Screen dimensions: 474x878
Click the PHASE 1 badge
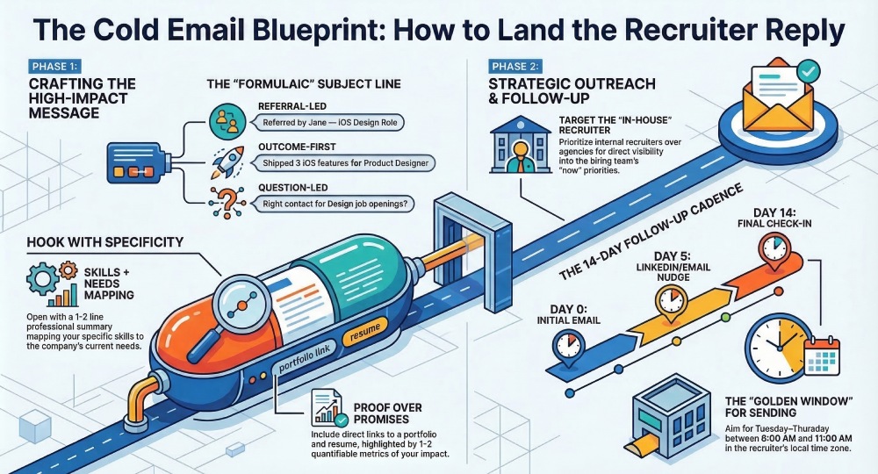(x=54, y=66)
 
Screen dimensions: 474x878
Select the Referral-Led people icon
(x=225, y=122)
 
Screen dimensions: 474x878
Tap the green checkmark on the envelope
(x=807, y=68)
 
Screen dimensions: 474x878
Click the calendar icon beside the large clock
(x=824, y=356)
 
